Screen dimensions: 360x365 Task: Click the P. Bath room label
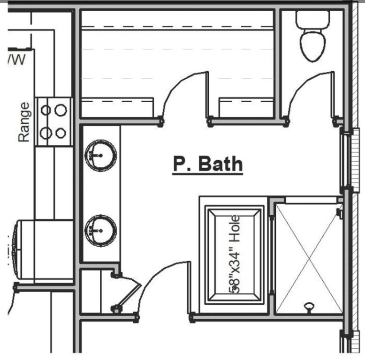tap(208, 165)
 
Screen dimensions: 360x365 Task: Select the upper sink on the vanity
tap(100, 155)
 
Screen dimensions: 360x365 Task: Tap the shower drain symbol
tap(309, 307)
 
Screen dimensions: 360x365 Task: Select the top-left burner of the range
tap(46, 111)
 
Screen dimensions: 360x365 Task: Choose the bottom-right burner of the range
tap(61, 133)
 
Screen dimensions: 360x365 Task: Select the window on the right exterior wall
tap(346, 162)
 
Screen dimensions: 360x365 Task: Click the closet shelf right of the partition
tap(246, 107)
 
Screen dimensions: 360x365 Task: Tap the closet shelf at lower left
tap(117, 107)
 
